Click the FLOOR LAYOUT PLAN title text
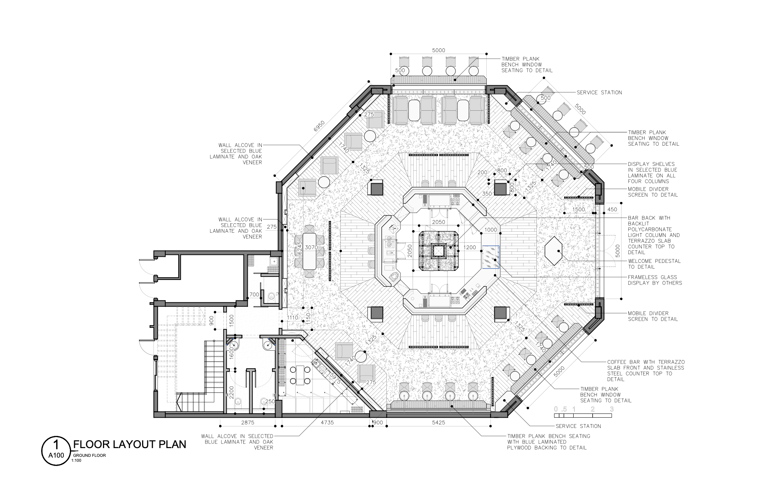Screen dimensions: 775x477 pyautogui.click(x=130, y=444)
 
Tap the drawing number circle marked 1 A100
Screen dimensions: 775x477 pyautogui.click(x=56, y=451)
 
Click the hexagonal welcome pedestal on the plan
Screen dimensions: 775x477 pyautogui.click(x=554, y=251)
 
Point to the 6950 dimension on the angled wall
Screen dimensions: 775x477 pyautogui.click(x=319, y=126)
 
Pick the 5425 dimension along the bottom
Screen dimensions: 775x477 pyautogui.click(x=438, y=422)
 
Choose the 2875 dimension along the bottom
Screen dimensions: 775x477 pyautogui.click(x=248, y=422)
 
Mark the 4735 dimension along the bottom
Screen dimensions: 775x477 pyautogui.click(x=327, y=422)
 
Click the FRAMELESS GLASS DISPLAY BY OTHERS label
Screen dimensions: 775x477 pyautogui.click(x=655, y=280)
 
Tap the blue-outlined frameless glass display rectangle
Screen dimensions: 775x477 pyautogui.click(x=491, y=257)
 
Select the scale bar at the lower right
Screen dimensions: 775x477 pyautogui.click(x=583, y=412)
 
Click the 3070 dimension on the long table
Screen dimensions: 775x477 pyautogui.click(x=311, y=247)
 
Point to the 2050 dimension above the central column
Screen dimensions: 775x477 pyautogui.click(x=438, y=222)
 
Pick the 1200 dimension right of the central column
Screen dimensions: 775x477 pyautogui.click(x=470, y=247)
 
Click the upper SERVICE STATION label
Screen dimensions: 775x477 pyautogui.click(x=599, y=92)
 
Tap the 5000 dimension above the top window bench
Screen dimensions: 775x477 pyautogui.click(x=438, y=50)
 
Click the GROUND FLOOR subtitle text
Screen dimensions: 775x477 pyautogui.click(x=90, y=455)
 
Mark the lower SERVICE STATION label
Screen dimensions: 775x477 pyautogui.click(x=578, y=426)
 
